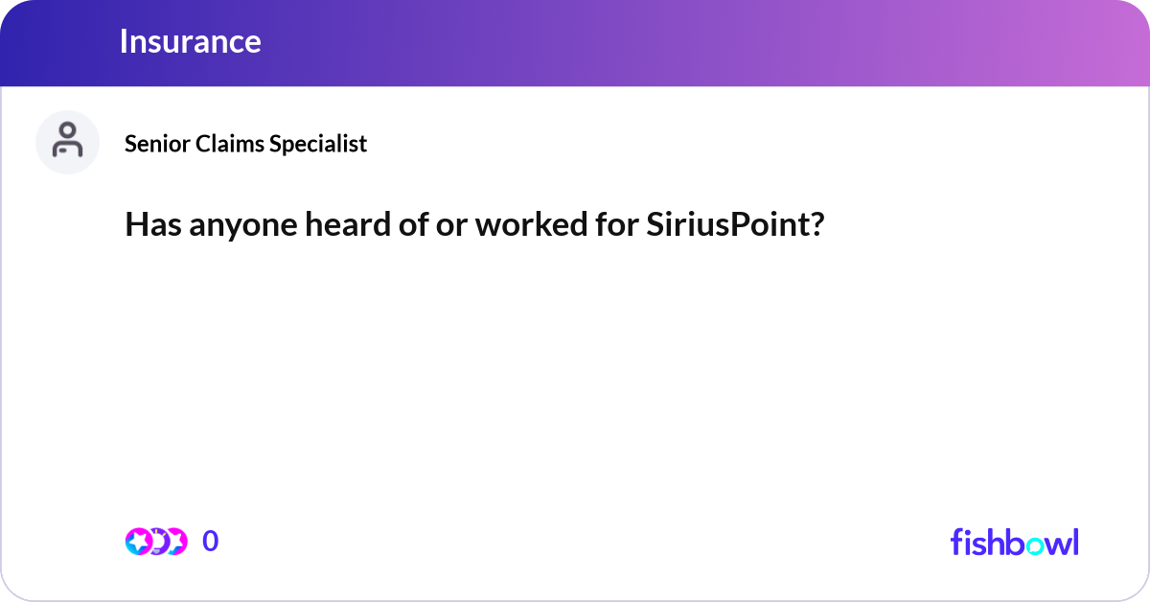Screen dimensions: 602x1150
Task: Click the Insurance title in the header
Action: coord(190,41)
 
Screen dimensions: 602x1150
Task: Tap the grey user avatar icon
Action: coord(67,142)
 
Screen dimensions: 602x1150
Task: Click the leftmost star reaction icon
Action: coord(139,542)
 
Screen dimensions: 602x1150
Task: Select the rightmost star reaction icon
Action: coord(175,542)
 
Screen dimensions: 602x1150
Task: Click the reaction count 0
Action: coord(211,542)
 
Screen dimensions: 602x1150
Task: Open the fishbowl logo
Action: coord(1014,542)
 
